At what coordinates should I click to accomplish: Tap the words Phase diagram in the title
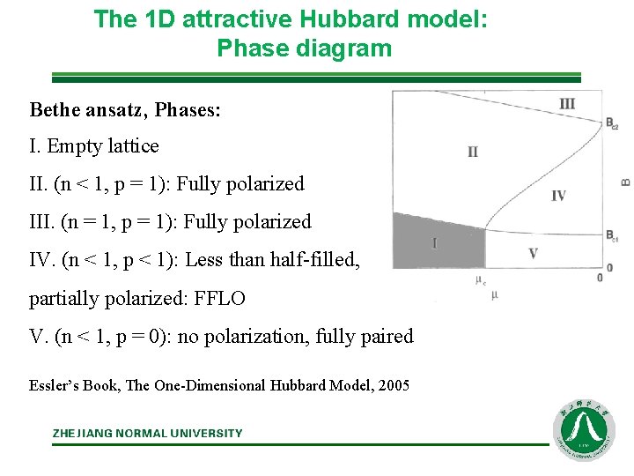click(x=304, y=48)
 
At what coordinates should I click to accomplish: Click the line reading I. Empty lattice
click(x=94, y=145)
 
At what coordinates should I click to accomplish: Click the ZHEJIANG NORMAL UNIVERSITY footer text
click(x=147, y=433)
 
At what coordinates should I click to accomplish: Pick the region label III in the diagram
click(x=567, y=104)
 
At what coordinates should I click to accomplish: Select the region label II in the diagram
click(x=473, y=152)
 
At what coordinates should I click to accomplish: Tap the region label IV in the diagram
click(x=558, y=196)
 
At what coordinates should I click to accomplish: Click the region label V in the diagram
click(x=533, y=254)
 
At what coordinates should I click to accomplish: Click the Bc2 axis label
click(x=611, y=123)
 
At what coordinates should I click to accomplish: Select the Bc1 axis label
click(x=611, y=236)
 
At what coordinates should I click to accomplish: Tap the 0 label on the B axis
click(x=599, y=278)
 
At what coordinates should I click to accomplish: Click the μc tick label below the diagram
click(x=481, y=281)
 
